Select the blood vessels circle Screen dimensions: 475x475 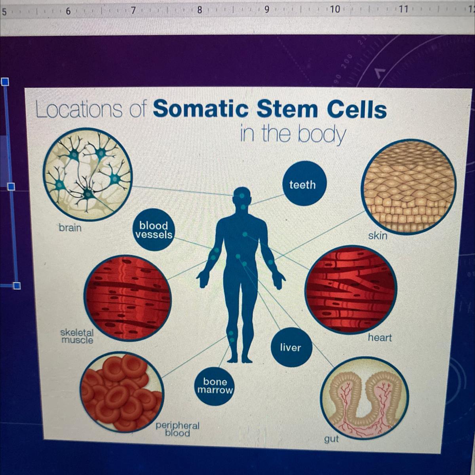pyautogui.click(x=154, y=230)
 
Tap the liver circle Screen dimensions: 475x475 pyautogui.click(x=291, y=348)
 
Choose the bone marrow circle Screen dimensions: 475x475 pyautogui.click(x=215, y=386)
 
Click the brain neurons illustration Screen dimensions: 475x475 pyautogui.click(x=88, y=174)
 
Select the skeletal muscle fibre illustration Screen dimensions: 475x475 pyautogui.click(x=127, y=298)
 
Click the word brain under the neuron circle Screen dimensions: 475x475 pyautogui.click(x=70, y=228)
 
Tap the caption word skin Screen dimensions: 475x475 pyautogui.click(x=378, y=236)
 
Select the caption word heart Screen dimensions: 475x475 pyautogui.click(x=380, y=337)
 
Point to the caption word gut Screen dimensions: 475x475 pyautogui.click(x=332, y=445)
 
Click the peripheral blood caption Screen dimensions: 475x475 pyautogui.click(x=177, y=429)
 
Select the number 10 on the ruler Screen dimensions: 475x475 pyautogui.click(x=335, y=10)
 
